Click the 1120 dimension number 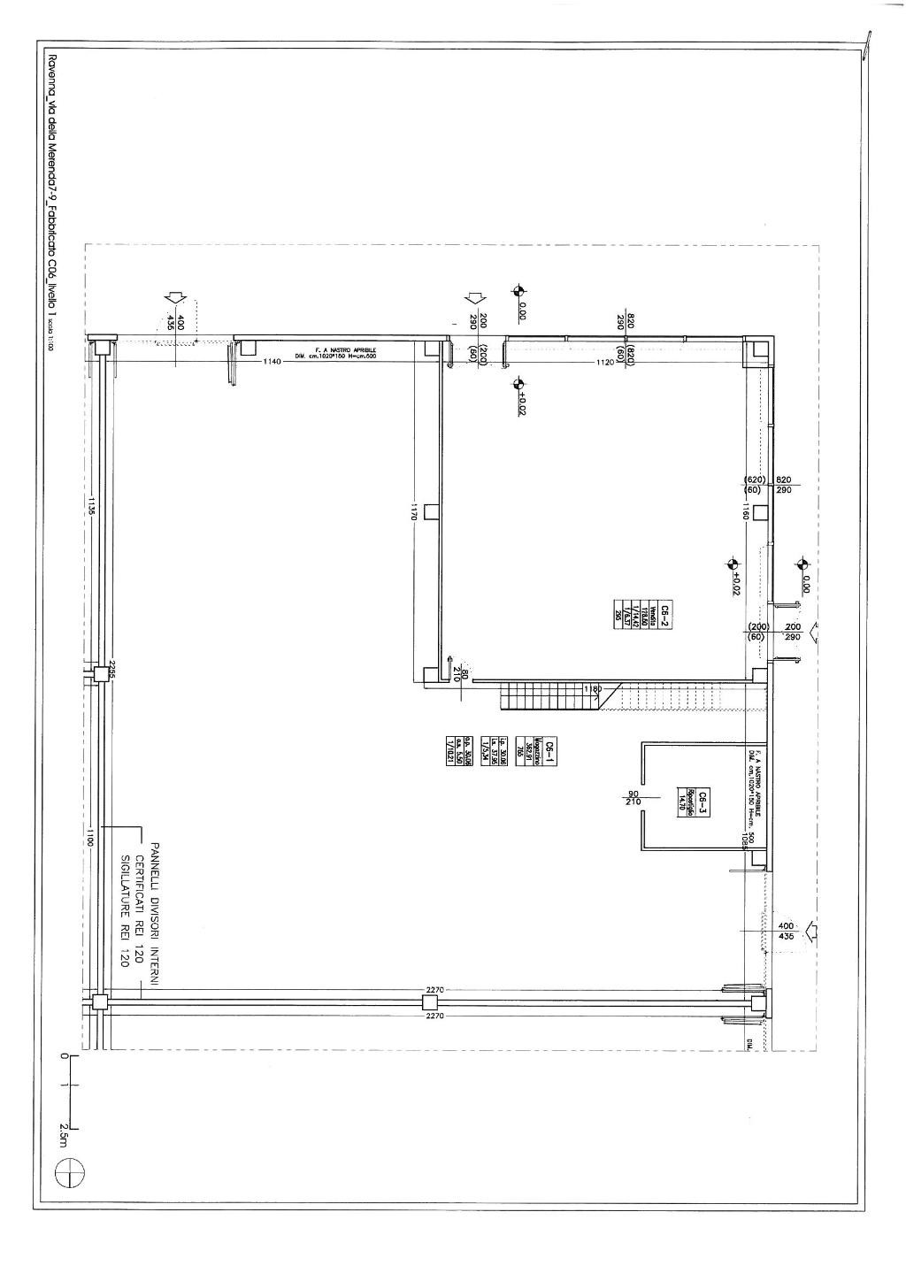[x=605, y=362]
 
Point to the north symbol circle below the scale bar [x=69, y=1173]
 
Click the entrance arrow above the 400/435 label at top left [x=177, y=300]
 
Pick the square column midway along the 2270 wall [x=429, y=1002]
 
